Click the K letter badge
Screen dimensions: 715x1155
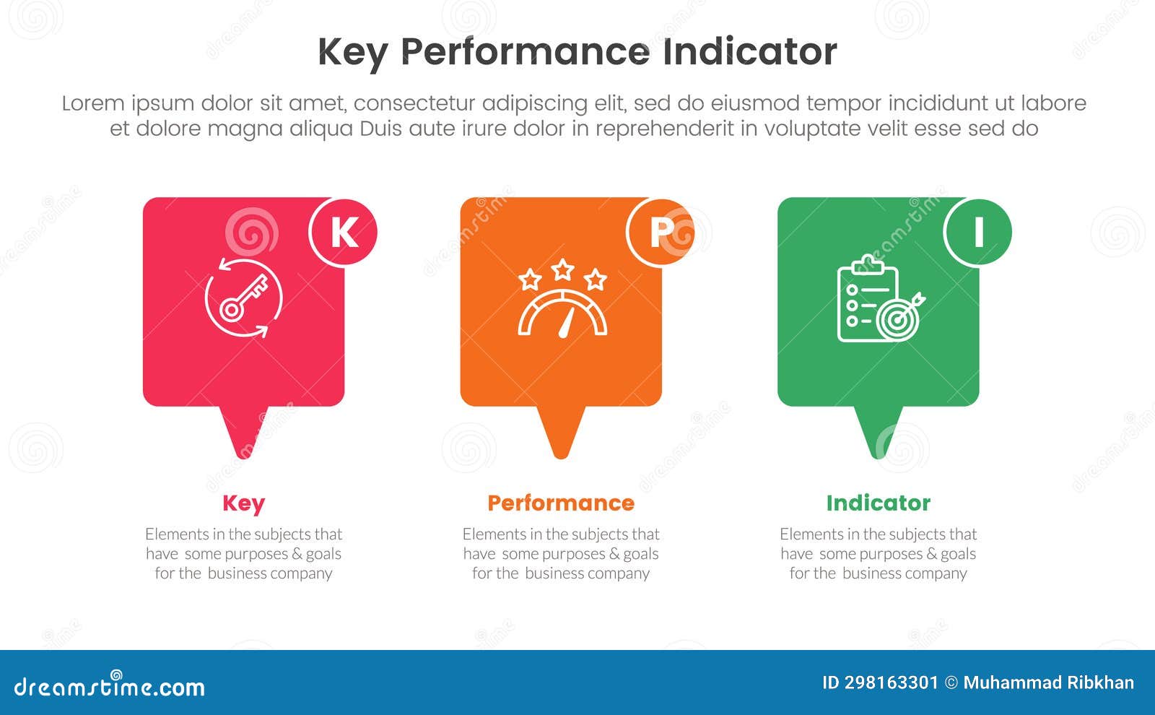[x=343, y=232]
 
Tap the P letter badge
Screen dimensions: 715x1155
[x=661, y=232]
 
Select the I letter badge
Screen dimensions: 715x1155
[x=978, y=232]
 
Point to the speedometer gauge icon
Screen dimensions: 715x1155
[x=562, y=313]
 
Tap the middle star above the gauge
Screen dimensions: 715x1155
[x=562, y=270]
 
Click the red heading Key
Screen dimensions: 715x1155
[x=243, y=503]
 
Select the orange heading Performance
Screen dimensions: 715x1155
[x=561, y=503]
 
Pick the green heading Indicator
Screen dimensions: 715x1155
[x=878, y=503]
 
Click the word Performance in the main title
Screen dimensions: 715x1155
[x=524, y=52]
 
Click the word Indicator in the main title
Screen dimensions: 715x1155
[x=749, y=52]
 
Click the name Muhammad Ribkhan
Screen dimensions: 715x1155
[x=1048, y=682]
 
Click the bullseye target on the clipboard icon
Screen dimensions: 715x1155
[x=896, y=320]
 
